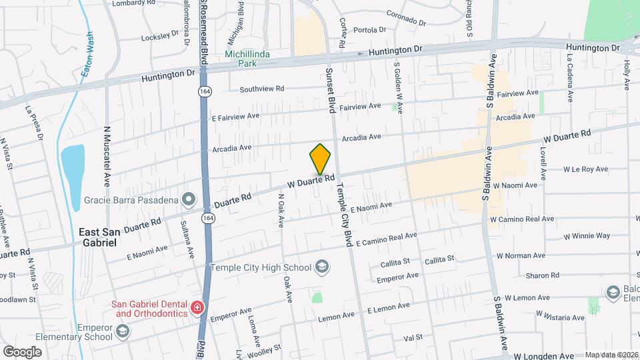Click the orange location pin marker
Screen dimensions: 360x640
click(321, 159)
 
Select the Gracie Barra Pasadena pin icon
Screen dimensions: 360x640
click(189, 199)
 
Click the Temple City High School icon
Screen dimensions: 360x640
click(322, 267)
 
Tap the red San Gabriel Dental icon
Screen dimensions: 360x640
click(197, 307)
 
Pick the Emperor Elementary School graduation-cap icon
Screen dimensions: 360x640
click(122, 331)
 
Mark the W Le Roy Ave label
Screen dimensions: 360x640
click(586, 169)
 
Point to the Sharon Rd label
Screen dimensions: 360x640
click(542, 275)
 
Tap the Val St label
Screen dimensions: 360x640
click(413, 339)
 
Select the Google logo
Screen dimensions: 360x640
click(22, 351)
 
